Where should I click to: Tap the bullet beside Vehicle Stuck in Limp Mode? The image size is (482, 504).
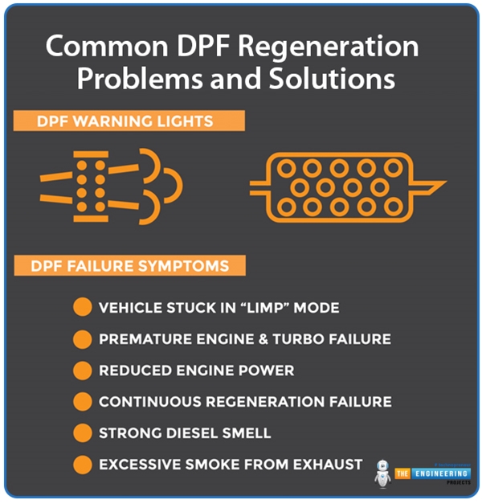coord(82,308)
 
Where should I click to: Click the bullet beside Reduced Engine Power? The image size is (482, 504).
coord(82,371)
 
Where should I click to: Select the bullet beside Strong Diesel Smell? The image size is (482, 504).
coord(82,433)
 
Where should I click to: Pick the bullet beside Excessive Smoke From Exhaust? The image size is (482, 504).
coord(82,465)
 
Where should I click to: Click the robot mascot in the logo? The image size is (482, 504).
coord(382,473)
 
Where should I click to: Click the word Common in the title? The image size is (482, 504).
coord(103,47)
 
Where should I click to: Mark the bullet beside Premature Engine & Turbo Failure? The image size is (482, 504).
coord(82,339)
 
